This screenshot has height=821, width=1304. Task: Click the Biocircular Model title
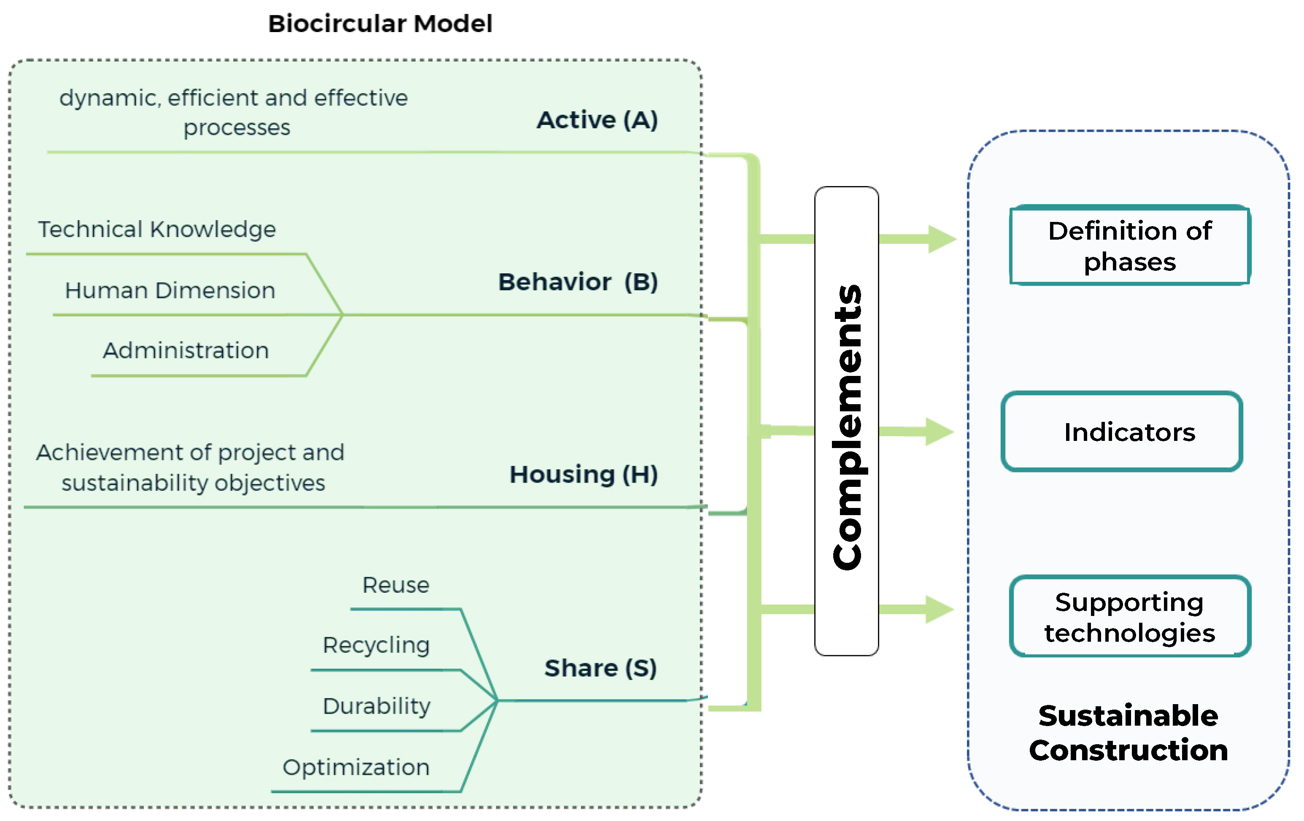click(x=380, y=24)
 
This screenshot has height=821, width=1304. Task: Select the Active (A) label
click(x=597, y=120)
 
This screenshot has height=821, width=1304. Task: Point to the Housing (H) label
click(x=584, y=474)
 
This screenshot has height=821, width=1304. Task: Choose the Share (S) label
click(x=601, y=668)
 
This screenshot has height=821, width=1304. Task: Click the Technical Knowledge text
click(x=157, y=230)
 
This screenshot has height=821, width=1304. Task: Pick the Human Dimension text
click(x=170, y=291)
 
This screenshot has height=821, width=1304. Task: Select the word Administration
click(x=186, y=351)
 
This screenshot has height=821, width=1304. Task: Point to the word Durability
click(x=377, y=707)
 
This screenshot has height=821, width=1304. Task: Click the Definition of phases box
click(x=1130, y=245)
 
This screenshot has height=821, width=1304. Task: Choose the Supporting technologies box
click(x=1130, y=616)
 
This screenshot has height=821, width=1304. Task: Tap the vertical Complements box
click(x=846, y=421)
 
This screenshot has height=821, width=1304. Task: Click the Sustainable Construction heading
click(x=1129, y=733)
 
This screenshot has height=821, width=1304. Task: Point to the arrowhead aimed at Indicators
click(x=940, y=432)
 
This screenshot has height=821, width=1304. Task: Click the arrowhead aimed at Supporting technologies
click(x=940, y=610)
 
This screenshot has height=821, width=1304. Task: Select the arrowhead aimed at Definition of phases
click(x=943, y=239)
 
